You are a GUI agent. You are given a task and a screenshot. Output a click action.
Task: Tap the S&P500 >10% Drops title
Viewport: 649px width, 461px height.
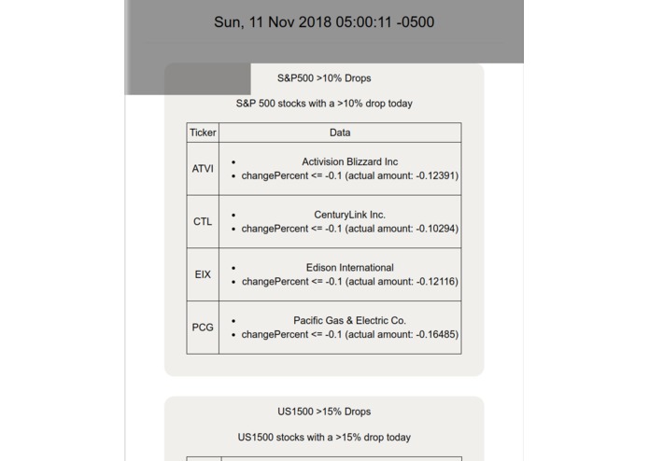[x=324, y=78]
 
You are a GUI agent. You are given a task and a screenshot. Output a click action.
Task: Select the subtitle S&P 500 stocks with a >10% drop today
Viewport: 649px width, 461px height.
[x=324, y=104]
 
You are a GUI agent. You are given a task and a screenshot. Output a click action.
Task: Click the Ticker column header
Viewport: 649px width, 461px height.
[x=203, y=133]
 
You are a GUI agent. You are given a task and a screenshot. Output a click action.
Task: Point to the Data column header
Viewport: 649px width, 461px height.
[x=340, y=133]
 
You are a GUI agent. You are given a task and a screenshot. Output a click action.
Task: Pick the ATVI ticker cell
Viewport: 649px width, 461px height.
[x=203, y=169]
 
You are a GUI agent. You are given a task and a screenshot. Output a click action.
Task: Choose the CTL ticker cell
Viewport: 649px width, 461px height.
[x=203, y=222]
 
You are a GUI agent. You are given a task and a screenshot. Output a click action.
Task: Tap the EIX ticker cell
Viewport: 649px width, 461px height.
[x=203, y=275]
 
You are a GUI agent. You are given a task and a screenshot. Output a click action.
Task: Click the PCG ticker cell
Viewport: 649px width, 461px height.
[x=203, y=328]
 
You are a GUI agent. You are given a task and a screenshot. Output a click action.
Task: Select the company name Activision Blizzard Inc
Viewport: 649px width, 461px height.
[x=350, y=162]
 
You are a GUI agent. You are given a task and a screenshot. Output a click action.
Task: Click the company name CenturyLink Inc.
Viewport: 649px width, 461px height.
[x=350, y=216]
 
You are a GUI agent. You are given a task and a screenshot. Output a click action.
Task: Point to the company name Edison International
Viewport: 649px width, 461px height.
[x=350, y=268]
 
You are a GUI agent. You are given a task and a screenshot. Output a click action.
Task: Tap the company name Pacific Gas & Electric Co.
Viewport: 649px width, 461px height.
[x=350, y=321]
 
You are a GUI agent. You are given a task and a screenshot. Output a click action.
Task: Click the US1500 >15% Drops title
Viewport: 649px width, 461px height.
[x=324, y=412]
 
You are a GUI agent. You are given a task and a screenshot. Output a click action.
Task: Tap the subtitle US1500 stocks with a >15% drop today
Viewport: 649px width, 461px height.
[x=324, y=437]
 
